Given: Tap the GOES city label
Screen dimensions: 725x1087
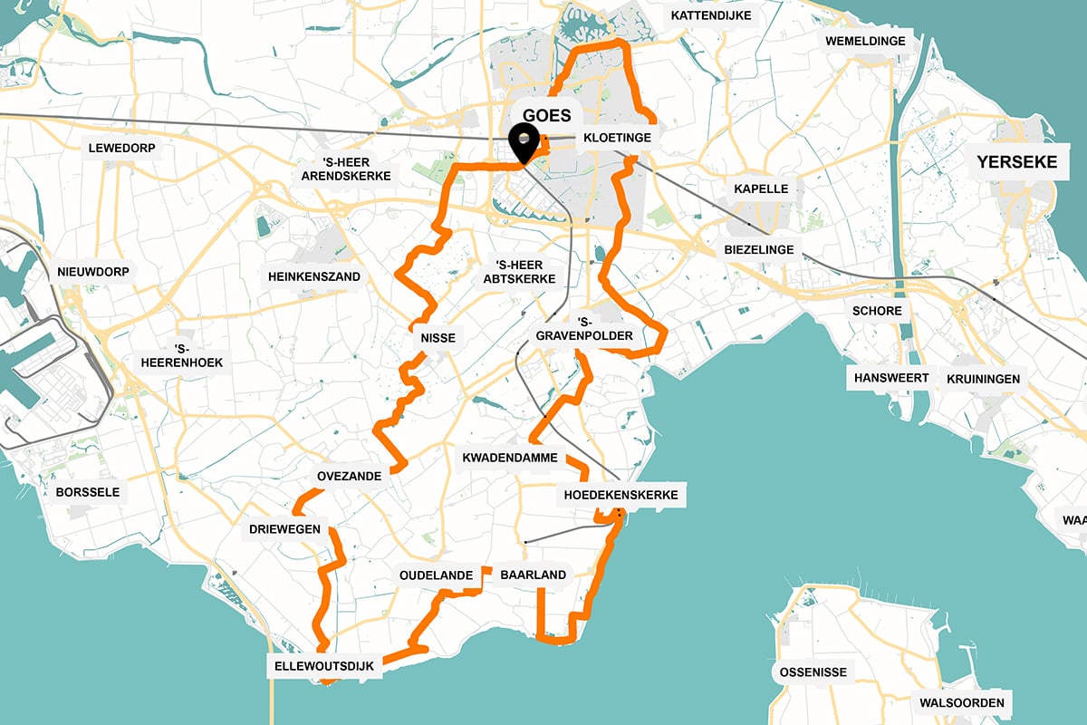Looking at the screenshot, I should click(x=547, y=115).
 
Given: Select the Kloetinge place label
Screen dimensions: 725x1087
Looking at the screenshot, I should click(x=611, y=137).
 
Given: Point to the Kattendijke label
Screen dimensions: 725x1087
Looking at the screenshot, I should click(x=710, y=16).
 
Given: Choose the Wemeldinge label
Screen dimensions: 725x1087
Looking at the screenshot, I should click(x=866, y=42).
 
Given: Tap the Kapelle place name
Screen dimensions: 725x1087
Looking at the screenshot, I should click(x=761, y=189).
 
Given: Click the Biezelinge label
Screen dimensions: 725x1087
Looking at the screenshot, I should click(x=759, y=249).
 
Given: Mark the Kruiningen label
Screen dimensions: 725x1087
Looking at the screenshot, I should click(x=983, y=379).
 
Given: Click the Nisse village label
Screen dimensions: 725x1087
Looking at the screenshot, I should click(x=438, y=339).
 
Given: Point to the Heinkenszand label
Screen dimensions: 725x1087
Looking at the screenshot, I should click(x=314, y=276).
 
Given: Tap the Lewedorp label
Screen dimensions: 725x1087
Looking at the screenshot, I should click(x=120, y=148).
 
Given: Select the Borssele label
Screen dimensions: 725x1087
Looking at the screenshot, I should click(x=88, y=493).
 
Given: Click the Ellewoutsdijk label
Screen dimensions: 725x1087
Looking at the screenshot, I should click(x=323, y=667).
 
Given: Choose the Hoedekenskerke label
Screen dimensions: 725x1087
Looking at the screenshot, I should click(x=620, y=496).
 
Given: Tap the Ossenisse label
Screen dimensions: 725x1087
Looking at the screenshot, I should click(x=813, y=672).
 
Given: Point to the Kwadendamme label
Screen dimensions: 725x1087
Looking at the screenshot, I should click(x=509, y=458).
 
